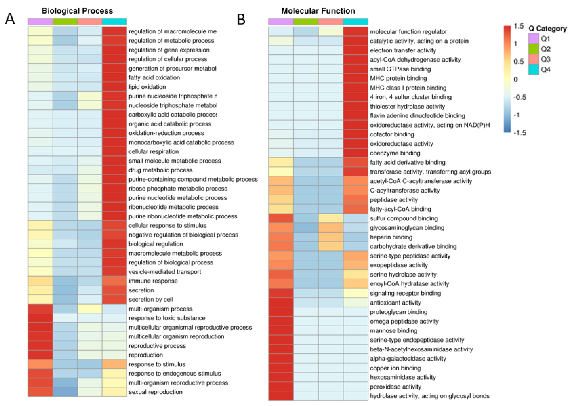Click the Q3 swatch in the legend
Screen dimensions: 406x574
click(533, 59)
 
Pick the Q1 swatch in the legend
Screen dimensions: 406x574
click(533, 39)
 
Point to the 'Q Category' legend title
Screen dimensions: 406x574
click(548, 28)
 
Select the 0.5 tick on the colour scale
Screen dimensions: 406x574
click(518, 61)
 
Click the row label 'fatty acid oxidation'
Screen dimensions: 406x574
click(154, 77)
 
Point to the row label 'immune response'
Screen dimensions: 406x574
click(153, 281)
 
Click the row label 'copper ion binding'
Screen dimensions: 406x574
click(395, 368)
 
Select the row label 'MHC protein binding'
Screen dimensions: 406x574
click(398, 78)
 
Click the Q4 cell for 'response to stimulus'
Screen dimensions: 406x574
click(114, 364)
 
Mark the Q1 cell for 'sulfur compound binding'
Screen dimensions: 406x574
click(281, 218)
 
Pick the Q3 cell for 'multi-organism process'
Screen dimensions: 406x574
click(90, 309)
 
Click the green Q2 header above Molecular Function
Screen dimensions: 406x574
click(306, 22)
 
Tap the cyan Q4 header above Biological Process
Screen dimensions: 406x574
click(114, 22)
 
